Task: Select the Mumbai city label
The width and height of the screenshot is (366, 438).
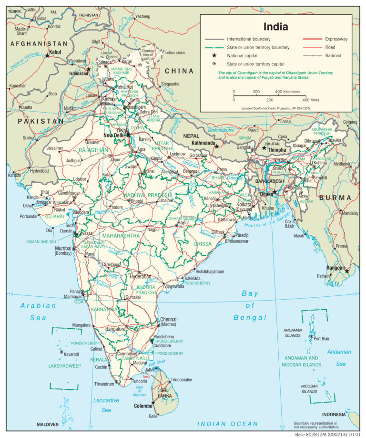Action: click(63, 249)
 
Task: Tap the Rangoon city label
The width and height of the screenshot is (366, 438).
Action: click(335, 268)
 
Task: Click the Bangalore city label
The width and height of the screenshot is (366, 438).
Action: click(115, 329)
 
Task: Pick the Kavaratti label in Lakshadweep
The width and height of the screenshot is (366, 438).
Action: click(71, 355)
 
